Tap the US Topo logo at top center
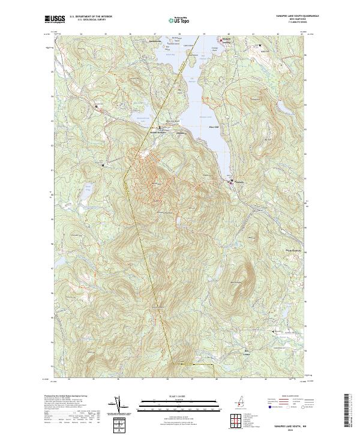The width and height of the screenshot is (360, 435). point(180,20)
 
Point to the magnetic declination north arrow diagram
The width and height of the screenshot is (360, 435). point(125,406)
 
